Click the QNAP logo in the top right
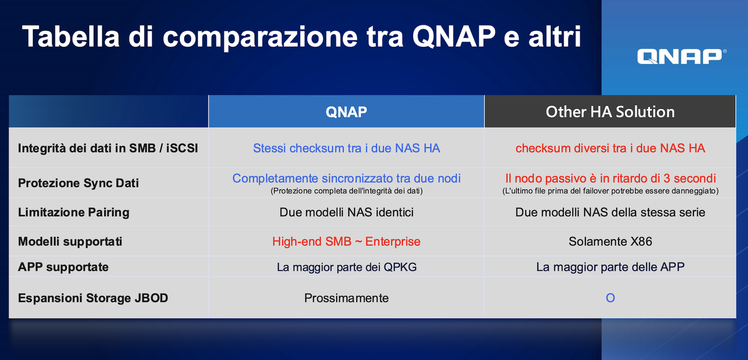click(x=681, y=56)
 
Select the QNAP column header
click(x=346, y=112)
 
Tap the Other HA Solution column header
click(x=610, y=112)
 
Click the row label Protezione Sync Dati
click(x=78, y=183)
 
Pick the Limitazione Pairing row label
click(x=73, y=212)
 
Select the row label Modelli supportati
click(x=70, y=241)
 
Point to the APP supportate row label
click(x=63, y=267)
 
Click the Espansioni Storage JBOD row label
click(x=93, y=298)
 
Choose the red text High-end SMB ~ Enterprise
click(x=346, y=241)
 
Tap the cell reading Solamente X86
click(x=610, y=241)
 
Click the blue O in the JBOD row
click(x=610, y=298)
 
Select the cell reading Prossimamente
click(x=346, y=298)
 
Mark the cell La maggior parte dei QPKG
click(x=346, y=267)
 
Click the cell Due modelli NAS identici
click(x=346, y=212)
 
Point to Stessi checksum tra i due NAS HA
click(x=346, y=148)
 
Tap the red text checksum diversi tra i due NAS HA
click(x=610, y=148)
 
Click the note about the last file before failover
click(x=611, y=191)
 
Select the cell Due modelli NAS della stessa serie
click(x=610, y=212)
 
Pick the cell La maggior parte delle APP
click(x=610, y=267)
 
